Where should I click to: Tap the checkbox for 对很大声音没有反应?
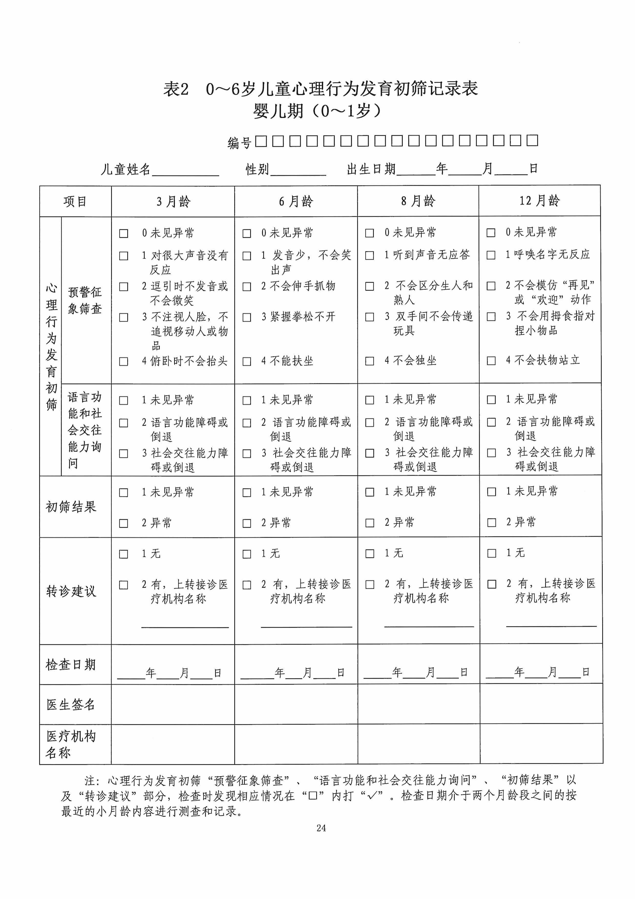124,256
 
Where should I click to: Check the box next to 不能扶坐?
247,361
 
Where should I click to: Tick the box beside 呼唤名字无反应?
491,255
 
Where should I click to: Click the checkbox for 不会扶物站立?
491,361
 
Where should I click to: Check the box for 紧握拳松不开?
247,317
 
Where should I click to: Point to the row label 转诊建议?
71,591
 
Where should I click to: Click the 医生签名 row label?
71,705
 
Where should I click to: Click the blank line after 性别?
298,170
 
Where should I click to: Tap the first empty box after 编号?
261,141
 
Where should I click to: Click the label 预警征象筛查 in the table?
85,300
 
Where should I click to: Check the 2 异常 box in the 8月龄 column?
370,523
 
